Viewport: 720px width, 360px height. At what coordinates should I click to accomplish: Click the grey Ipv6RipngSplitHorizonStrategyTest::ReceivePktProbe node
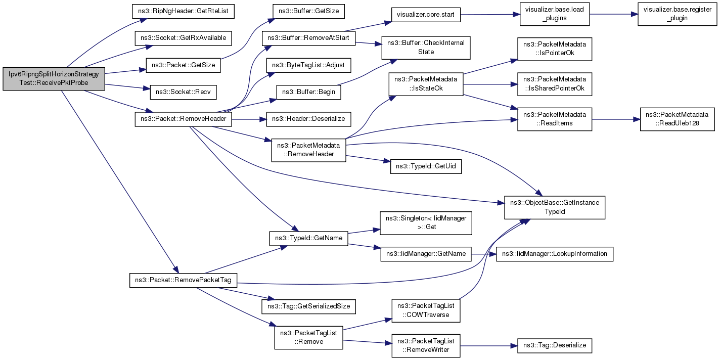click(x=54, y=79)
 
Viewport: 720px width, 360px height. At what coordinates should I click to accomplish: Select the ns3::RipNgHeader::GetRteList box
click(x=183, y=11)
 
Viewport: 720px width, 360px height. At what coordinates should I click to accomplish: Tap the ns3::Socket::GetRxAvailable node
click(x=183, y=38)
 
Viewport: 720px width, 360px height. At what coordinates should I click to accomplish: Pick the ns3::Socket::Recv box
click(x=183, y=92)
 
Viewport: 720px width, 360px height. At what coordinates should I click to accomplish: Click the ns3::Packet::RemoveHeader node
click(x=183, y=119)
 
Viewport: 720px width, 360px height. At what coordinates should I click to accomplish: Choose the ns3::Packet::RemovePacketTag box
click(x=183, y=280)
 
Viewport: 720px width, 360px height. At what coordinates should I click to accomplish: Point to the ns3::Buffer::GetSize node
click(x=308, y=11)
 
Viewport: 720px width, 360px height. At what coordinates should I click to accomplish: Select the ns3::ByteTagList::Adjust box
click(x=308, y=65)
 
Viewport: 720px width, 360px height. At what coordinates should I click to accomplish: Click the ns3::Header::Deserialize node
click(x=308, y=119)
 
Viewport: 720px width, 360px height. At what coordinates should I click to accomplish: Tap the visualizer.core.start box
click(x=426, y=15)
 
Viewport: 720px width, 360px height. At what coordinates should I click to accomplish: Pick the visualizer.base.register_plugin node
click(x=677, y=14)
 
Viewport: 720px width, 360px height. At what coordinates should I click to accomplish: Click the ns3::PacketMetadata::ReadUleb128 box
click(x=677, y=119)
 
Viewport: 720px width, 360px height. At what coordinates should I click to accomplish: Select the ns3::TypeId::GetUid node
click(x=426, y=166)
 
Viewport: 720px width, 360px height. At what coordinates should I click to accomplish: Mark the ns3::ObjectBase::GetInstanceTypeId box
click(x=555, y=207)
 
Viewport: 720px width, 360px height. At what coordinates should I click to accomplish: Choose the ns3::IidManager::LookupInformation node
click(x=555, y=254)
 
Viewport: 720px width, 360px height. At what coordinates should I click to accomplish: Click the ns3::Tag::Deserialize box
click(x=555, y=346)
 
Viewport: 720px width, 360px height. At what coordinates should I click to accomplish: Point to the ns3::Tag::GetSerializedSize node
click(x=308, y=306)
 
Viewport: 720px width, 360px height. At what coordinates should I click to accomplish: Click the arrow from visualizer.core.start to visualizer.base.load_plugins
click(x=490, y=15)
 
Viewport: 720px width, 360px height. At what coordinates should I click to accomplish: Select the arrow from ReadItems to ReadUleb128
click(x=616, y=119)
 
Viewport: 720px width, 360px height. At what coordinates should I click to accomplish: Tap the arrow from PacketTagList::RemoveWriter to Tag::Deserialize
click(x=488, y=346)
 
